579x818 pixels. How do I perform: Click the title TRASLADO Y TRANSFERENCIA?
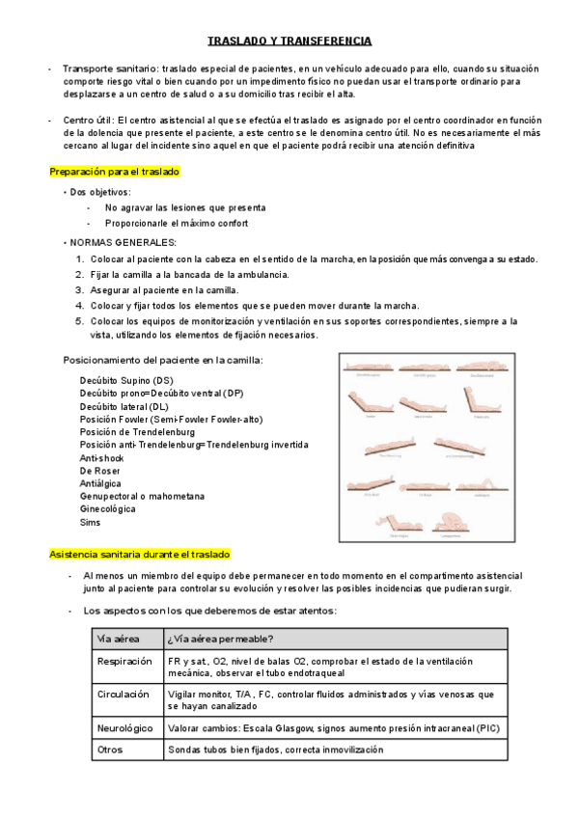pos(289,41)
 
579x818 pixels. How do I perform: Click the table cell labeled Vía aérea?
pos(118,639)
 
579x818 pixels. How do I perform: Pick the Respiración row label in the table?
pos(124,661)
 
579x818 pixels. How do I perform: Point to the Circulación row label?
pos(123,694)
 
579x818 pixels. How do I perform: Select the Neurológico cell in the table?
pos(124,726)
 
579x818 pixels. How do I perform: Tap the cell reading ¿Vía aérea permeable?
pos(219,639)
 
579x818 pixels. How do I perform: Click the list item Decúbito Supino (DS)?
pos(126,380)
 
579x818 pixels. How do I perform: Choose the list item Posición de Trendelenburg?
pos(139,432)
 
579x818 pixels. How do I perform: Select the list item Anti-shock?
pos(101,457)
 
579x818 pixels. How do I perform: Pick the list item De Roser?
pos(100,471)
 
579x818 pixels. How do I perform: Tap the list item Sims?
pos(90,522)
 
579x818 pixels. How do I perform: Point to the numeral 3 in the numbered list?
pos(79,289)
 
